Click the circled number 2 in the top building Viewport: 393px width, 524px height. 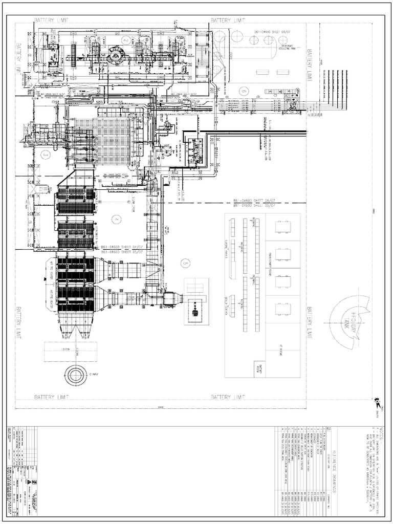[125, 39]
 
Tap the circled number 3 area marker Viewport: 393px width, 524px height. [46, 154]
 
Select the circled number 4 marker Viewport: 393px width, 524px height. [118, 220]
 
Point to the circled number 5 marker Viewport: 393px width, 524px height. [185, 263]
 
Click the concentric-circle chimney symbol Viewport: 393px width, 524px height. [75, 375]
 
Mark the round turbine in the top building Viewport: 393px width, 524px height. [116, 55]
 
